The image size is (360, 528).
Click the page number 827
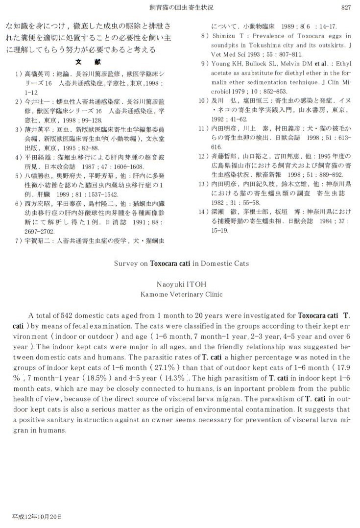coord(346,7)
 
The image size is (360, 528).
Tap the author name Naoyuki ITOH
coord(181,284)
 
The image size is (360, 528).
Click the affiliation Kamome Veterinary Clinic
coord(181,294)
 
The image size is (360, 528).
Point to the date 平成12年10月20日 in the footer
coord(37,517)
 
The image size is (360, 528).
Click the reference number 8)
coord(205,36)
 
